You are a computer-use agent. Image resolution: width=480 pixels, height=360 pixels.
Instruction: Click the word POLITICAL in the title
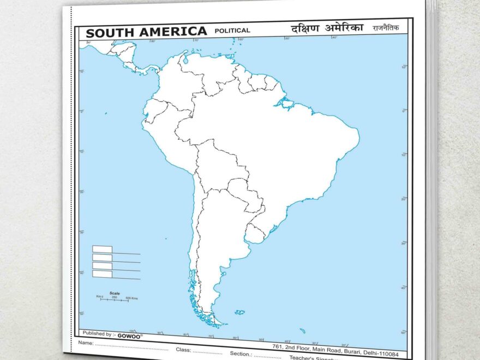click(232, 31)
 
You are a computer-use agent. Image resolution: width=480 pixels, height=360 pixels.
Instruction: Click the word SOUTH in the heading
click(109, 33)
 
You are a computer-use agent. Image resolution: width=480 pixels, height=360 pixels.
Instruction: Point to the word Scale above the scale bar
click(115, 293)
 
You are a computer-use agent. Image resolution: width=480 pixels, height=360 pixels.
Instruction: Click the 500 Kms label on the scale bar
click(131, 298)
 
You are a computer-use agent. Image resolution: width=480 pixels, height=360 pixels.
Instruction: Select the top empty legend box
click(102, 249)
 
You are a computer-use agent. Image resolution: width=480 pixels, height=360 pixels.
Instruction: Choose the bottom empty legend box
click(102, 274)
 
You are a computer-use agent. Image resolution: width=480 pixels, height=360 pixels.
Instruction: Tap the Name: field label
click(86, 343)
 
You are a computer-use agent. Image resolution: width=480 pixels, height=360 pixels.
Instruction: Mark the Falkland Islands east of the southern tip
click(240, 313)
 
